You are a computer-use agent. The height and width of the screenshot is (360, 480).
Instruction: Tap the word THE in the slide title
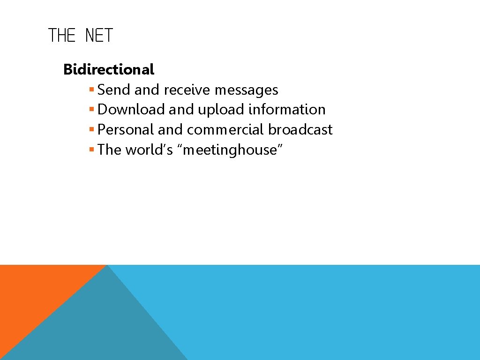(62, 36)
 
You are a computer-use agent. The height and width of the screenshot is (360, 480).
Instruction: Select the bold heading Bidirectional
(108, 69)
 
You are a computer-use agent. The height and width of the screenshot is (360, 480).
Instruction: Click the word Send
(114, 90)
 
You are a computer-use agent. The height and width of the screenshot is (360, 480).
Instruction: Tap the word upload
(221, 110)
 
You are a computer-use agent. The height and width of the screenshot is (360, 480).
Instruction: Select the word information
(287, 110)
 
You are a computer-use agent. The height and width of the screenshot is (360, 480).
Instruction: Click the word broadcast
(300, 130)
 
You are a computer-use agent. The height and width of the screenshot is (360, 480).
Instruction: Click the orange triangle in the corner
(33, 291)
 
